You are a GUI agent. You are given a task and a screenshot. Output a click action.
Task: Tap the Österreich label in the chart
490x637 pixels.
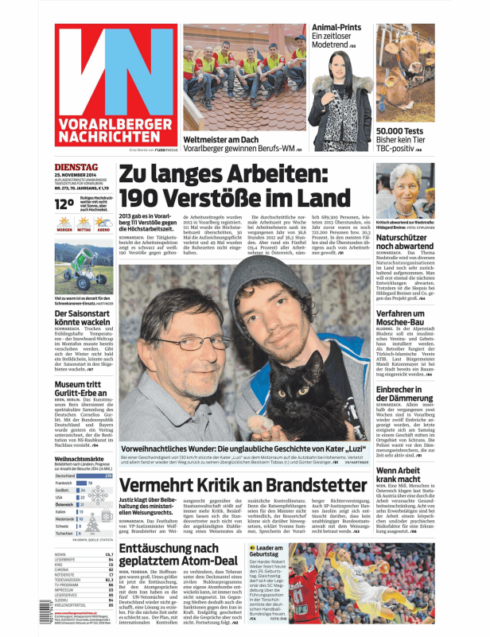pos(64,504)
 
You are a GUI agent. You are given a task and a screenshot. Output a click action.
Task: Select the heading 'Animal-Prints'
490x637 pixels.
pos(336,28)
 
